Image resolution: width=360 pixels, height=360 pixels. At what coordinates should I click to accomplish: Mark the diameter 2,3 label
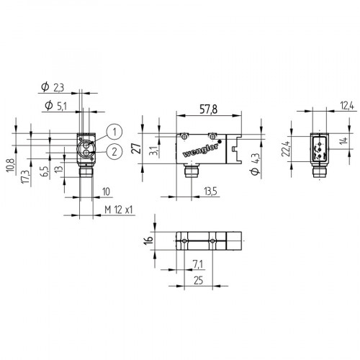point(53,87)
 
